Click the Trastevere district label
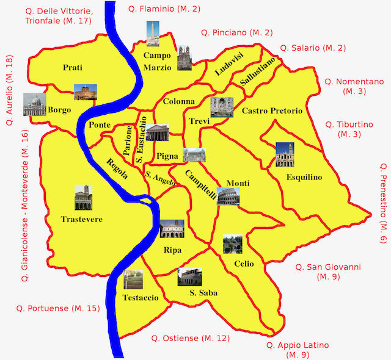(82, 219)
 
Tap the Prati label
(72, 68)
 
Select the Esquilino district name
(304, 178)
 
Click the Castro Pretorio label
(272, 111)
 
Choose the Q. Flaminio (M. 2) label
(164, 9)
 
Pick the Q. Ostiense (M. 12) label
(191, 338)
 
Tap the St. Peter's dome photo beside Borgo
(35, 105)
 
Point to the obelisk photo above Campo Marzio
(153, 34)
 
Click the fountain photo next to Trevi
(221, 107)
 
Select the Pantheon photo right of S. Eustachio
(157, 132)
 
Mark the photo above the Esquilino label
(285, 155)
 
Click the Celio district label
(244, 264)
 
